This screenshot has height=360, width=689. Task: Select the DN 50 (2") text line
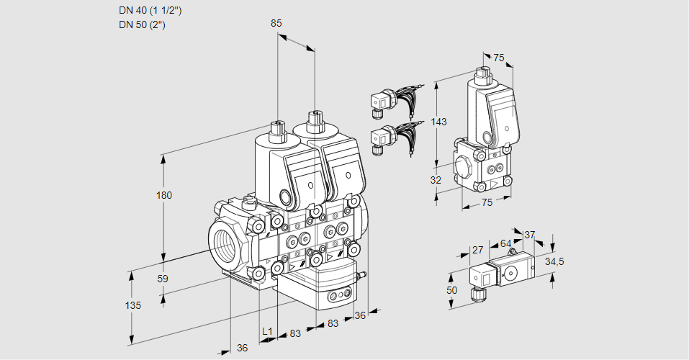click(x=143, y=24)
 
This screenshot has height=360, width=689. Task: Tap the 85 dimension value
click(x=276, y=23)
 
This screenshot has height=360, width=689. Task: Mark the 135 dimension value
click(x=132, y=305)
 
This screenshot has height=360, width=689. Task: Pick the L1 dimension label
click(x=267, y=331)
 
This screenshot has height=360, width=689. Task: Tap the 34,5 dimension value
click(x=554, y=261)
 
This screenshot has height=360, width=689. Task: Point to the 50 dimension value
click(x=451, y=290)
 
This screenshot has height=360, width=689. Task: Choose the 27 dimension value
click(x=477, y=250)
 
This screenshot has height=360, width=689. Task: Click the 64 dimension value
click(x=505, y=243)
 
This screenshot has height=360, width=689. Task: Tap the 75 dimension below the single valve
click(x=487, y=203)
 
